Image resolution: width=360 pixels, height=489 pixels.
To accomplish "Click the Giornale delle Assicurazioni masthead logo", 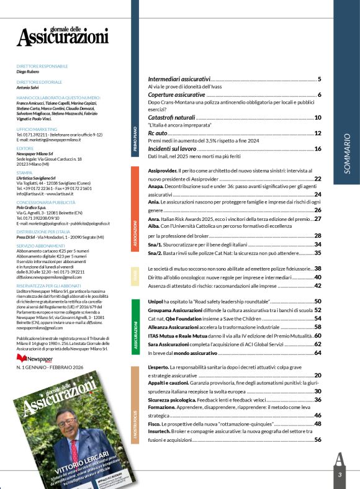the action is (62, 33).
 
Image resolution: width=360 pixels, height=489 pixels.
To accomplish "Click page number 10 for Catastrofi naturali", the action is (317, 118).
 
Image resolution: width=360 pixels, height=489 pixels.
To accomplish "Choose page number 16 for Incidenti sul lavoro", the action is (317, 149).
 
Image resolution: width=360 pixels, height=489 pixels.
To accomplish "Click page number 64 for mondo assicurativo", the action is (317, 352).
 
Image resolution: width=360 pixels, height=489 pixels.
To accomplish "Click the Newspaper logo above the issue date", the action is (35, 359).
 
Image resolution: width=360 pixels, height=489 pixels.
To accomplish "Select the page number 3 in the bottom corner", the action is (340, 475).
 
